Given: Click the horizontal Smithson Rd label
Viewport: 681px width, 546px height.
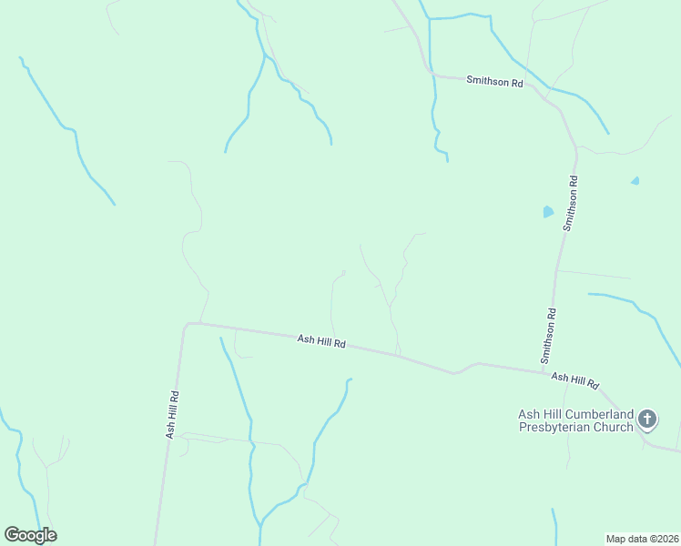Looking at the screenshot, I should click(x=494, y=81).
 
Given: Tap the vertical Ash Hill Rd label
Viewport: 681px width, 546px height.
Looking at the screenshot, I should click(x=171, y=415).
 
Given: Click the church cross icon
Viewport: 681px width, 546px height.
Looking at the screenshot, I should click(x=647, y=419).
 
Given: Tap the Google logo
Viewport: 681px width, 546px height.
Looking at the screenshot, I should click(x=31, y=535).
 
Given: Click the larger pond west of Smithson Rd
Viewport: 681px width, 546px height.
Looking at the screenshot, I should click(x=547, y=212).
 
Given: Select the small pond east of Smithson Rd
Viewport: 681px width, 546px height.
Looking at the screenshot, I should click(x=635, y=181).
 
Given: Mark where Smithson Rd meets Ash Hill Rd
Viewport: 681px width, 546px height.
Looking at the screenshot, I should click(x=550, y=370).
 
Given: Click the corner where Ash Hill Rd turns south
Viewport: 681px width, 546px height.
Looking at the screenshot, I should click(x=187, y=324).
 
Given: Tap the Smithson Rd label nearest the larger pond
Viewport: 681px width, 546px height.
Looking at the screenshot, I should click(x=571, y=205).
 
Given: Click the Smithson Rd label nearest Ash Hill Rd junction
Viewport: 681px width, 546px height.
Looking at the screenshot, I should click(x=550, y=335).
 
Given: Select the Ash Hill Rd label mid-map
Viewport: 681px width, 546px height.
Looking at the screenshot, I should click(x=321, y=342).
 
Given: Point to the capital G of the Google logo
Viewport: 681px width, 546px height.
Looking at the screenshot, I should click(x=13, y=535).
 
